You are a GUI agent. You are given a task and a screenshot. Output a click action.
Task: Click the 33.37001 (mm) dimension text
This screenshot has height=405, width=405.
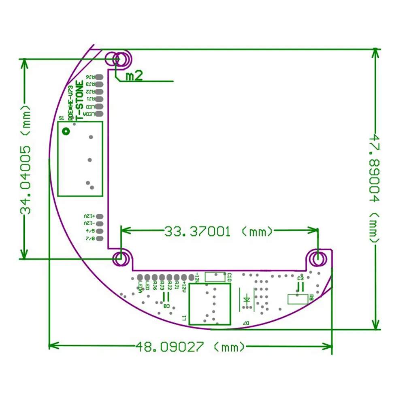219,232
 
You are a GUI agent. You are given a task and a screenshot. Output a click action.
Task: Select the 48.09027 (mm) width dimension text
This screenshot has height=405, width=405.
190,347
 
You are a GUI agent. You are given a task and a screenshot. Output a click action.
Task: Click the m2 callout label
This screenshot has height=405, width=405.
134,76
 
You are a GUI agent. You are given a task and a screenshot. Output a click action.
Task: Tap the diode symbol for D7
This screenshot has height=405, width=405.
246,300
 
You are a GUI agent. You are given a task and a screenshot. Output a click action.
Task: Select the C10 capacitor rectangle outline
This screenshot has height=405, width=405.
215,277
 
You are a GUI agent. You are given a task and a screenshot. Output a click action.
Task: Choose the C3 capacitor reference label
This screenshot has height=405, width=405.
300,279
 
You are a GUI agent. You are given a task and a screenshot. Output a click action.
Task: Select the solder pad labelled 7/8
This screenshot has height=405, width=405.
100,239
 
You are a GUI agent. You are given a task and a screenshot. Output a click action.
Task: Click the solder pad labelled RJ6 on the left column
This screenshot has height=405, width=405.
100,77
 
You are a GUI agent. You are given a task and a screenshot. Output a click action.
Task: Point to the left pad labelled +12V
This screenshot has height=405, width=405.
100,217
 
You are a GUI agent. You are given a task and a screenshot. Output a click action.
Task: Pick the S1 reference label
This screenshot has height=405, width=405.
62,118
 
